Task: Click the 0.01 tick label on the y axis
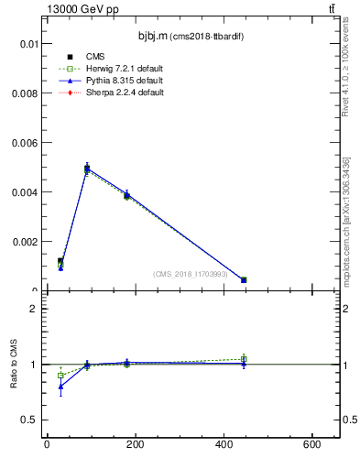[x=27, y=44]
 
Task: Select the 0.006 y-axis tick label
[x=24, y=143]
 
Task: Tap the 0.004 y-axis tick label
[x=24, y=192]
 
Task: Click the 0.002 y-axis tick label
[x=24, y=242]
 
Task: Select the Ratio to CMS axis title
[x=15, y=364]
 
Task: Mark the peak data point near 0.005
[x=86, y=168]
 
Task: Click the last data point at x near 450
[x=244, y=279]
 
